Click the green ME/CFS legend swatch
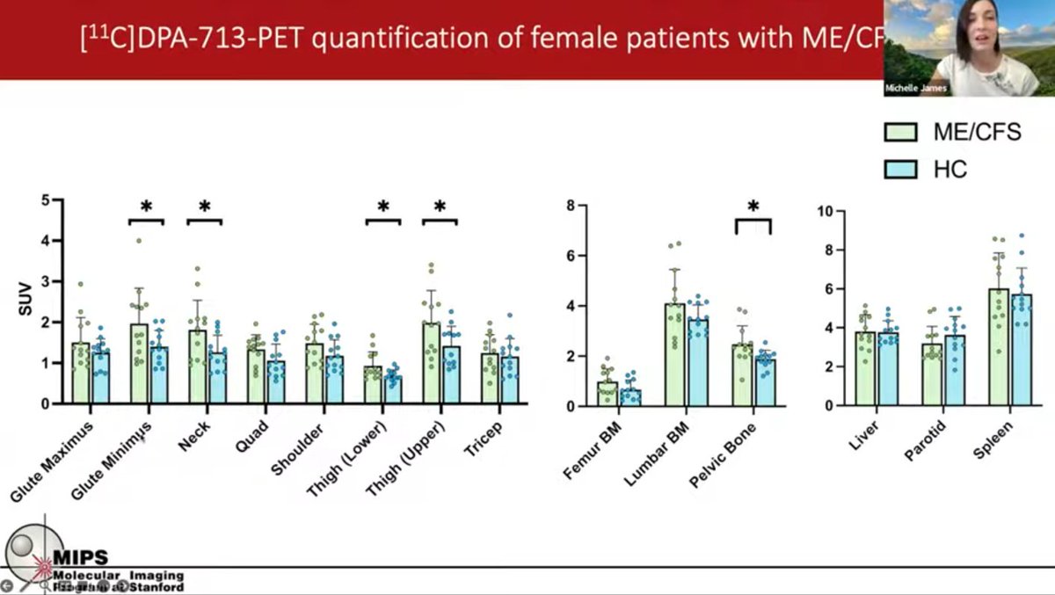pos(900,133)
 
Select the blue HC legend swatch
pos(900,169)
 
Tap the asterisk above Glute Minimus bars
pos(147,207)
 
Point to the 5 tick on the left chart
pos(46,200)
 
